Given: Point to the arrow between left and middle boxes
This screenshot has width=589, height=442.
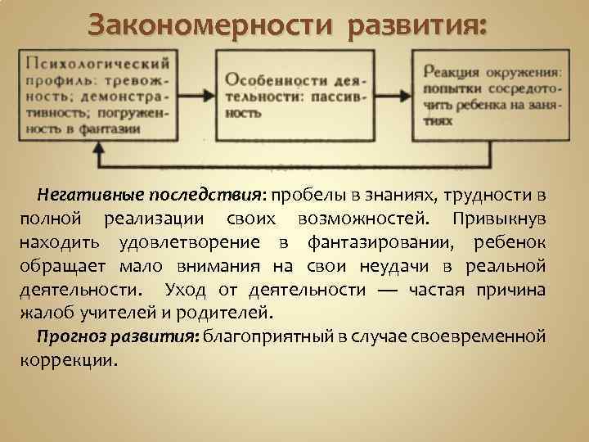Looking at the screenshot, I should (x=195, y=96).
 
